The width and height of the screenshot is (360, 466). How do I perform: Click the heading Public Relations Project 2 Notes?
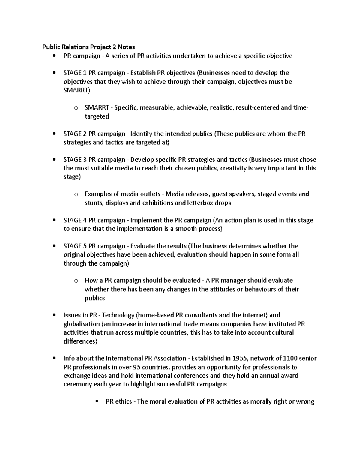(88, 47)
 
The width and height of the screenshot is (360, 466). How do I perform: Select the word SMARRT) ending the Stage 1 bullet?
(77, 90)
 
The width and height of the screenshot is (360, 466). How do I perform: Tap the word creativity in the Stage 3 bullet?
(233, 168)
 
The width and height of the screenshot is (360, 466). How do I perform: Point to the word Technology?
(119, 315)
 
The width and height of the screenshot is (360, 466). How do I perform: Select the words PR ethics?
(119, 401)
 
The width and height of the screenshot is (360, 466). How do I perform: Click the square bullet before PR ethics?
(97, 401)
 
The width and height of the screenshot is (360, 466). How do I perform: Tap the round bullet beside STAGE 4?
(54, 220)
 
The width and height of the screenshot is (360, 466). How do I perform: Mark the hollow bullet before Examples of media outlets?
(76, 194)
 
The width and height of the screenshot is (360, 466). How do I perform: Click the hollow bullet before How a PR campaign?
(76, 281)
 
